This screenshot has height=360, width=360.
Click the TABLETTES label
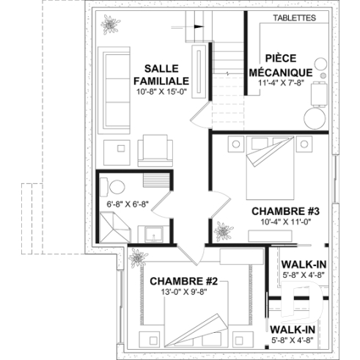294,16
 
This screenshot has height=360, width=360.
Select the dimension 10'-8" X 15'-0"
162,92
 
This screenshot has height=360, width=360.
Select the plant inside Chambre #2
136,258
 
